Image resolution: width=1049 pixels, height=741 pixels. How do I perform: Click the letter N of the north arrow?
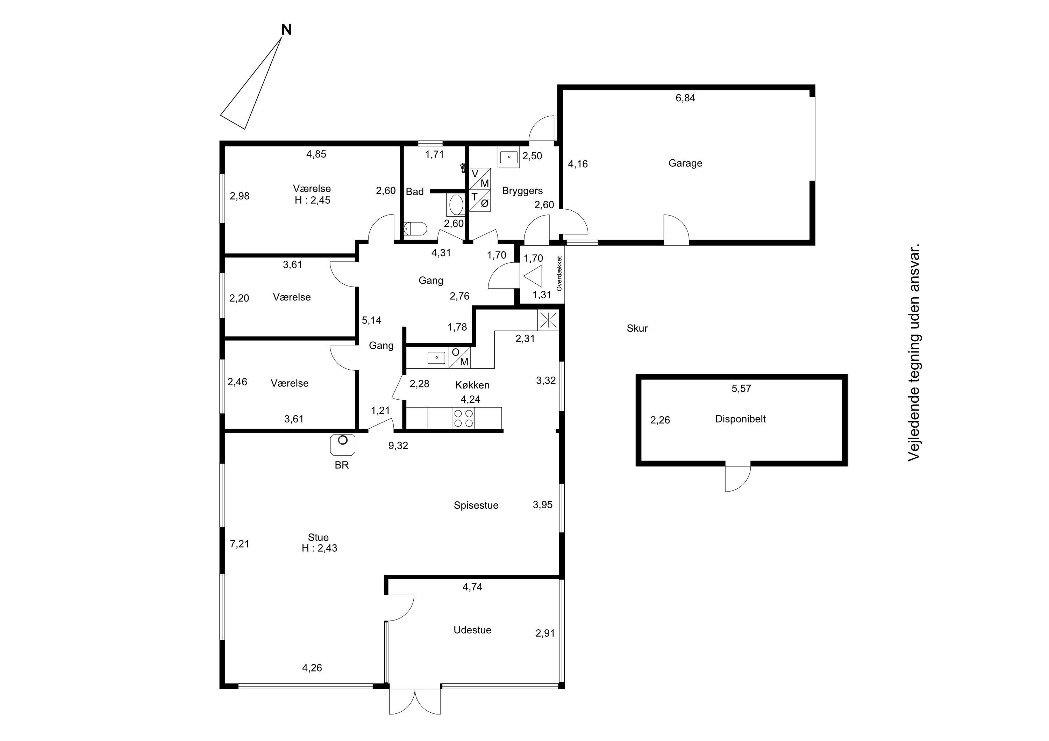(x=286, y=30)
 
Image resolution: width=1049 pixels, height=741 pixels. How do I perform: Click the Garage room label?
(x=685, y=164)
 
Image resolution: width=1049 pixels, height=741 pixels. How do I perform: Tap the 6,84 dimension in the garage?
(x=685, y=98)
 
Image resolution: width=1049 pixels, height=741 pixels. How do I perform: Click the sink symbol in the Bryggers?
(x=508, y=157)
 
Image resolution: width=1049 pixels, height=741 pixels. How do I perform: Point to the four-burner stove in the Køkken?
(x=463, y=418)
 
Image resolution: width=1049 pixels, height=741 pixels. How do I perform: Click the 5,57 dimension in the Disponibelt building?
(x=741, y=388)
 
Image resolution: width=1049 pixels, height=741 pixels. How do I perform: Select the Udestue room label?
(x=472, y=630)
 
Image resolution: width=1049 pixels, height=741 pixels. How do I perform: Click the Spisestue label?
(x=476, y=506)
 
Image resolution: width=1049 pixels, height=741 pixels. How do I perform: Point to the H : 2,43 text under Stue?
(x=319, y=549)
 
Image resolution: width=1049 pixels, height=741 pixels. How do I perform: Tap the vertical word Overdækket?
(x=559, y=274)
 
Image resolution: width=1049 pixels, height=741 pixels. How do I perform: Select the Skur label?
(x=637, y=328)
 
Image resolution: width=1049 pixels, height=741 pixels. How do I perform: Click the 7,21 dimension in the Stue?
(x=240, y=544)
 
